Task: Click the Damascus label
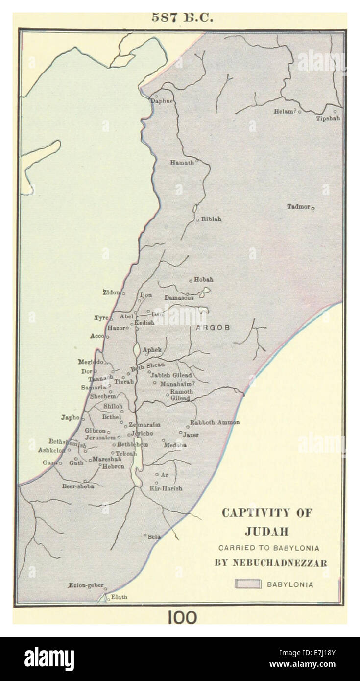179,297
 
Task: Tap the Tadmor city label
298,206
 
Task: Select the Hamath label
182,162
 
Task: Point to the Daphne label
162,101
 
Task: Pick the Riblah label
211,219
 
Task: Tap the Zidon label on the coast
111,292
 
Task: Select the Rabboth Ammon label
215,422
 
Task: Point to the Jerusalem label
100,437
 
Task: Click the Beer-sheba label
78,486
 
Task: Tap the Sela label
155,537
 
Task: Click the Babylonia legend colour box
248,584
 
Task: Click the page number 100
182,617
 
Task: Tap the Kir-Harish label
166,488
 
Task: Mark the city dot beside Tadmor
312,208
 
